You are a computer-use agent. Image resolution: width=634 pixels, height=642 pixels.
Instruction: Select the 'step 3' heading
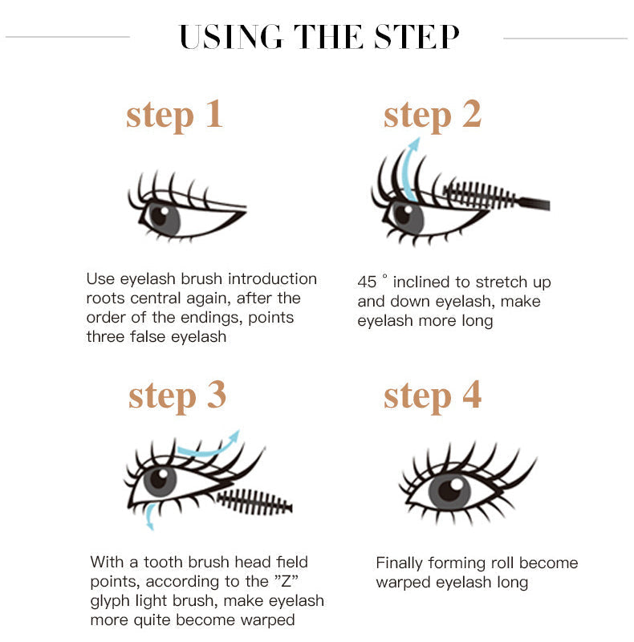[x=177, y=395]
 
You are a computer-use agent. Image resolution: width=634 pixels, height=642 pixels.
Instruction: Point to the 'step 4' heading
[x=432, y=395]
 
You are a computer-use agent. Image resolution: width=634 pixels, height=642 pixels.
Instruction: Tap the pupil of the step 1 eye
[x=159, y=215]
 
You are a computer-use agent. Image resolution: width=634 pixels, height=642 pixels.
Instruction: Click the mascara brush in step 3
[x=253, y=502]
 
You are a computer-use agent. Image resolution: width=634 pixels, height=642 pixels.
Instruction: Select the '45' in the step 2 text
[x=367, y=282]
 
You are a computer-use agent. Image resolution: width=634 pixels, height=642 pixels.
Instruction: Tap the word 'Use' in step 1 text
[x=100, y=278]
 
